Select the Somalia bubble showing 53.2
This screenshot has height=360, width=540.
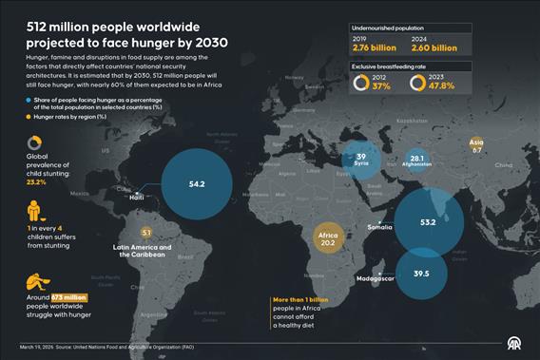tap(427, 221)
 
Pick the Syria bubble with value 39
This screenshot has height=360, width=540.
tap(361, 157)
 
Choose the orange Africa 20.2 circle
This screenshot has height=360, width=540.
tap(329, 237)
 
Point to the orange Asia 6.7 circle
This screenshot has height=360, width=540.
tap(478, 146)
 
